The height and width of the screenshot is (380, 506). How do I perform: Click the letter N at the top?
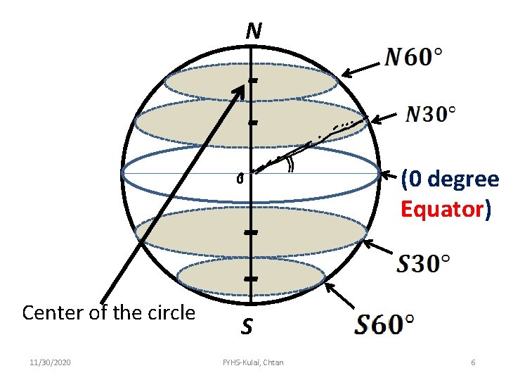(254, 31)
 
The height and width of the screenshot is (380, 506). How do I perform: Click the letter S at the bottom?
(247, 327)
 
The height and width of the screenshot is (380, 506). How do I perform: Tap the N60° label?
(414, 57)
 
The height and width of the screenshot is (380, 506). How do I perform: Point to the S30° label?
(424, 265)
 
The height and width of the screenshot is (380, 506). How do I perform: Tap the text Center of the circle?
(109, 312)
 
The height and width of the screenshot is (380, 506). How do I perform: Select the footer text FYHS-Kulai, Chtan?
(253, 362)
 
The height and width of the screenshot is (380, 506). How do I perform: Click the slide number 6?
(473, 362)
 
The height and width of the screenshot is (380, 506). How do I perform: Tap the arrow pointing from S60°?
(340, 296)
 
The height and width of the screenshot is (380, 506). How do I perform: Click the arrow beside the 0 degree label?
(387, 174)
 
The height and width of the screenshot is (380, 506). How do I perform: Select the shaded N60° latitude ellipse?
(211, 83)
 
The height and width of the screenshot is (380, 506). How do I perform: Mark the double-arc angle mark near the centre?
(290, 164)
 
